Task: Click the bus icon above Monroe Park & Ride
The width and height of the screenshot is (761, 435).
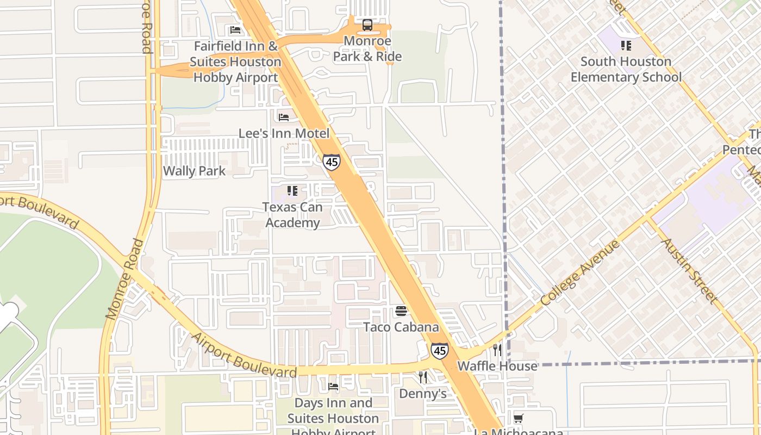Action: pyautogui.click(x=367, y=25)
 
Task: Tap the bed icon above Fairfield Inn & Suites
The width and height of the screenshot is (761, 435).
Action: pyautogui.click(x=235, y=30)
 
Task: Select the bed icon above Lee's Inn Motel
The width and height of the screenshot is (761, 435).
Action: pyautogui.click(x=284, y=117)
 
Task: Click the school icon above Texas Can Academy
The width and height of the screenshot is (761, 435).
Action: pyautogui.click(x=292, y=191)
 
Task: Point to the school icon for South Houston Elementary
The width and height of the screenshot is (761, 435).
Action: pyautogui.click(x=626, y=46)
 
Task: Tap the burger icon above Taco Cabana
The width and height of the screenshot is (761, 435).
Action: pyautogui.click(x=401, y=311)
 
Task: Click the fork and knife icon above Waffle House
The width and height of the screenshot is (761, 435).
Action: pyautogui.click(x=497, y=350)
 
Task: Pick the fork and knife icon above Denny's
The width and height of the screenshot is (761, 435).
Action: pyautogui.click(x=423, y=377)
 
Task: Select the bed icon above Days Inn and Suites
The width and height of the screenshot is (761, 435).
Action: pyautogui.click(x=333, y=387)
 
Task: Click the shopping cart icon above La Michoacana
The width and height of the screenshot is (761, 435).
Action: pyautogui.click(x=519, y=418)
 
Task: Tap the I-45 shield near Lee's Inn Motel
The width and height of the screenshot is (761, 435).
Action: pyautogui.click(x=331, y=161)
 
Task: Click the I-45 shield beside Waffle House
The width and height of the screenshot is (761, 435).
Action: pyautogui.click(x=439, y=351)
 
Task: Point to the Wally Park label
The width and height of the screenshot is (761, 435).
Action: pyautogui.click(x=194, y=171)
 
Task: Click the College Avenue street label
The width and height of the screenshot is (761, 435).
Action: pyautogui.click(x=581, y=274)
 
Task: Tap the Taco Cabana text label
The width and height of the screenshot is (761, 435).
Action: pyautogui.click(x=401, y=327)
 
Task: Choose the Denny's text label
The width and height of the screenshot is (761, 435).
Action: pyautogui.click(x=422, y=393)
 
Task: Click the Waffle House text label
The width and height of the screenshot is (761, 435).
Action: pyautogui.click(x=497, y=366)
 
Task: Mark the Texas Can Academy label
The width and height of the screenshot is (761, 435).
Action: pyautogui.click(x=292, y=215)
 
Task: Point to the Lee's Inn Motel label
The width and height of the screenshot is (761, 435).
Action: pyautogui.click(x=284, y=133)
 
